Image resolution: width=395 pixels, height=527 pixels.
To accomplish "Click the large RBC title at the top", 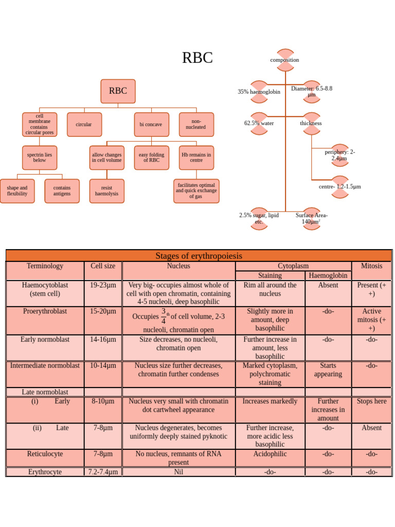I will pyautogui.click(x=197, y=58).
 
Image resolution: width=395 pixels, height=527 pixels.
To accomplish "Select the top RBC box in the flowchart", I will pyautogui.click(x=118, y=91).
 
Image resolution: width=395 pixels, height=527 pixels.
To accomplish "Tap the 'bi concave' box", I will pyautogui.click(x=151, y=125).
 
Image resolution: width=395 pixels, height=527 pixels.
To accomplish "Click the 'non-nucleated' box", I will pyautogui.click(x=196, y=125).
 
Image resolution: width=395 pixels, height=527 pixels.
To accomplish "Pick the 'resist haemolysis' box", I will pyautogui.click(x=106, y=191).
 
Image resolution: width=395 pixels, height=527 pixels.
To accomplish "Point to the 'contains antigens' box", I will pyautogui.click(x=62, y=191).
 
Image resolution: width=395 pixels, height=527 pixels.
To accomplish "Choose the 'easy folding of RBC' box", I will pyautogui.click(x=151, y=157).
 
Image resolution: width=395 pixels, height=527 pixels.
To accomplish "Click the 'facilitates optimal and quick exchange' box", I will pyautogui.click(x=196, y=191).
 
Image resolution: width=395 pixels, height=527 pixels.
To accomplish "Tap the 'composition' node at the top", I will pyautogui.click(x=284, y=60).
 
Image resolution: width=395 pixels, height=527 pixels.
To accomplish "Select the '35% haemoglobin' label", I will pyautogui.click(x=259, y=92).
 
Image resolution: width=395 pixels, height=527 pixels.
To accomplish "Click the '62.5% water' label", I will pyautogui.click(x=259, y=124).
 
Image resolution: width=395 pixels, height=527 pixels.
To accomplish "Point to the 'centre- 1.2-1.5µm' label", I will pyautogui.click(x=339, y=186).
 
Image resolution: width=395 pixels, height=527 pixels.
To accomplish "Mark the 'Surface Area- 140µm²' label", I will pyautogui.click(x=311, y=218).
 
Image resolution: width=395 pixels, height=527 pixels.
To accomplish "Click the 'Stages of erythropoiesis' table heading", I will pyautogui.click(x=199, y=256).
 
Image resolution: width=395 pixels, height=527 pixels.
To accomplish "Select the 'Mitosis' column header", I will pyautogui.click(x=371, y=266).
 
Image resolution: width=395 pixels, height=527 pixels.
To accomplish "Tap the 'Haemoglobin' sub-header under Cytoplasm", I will pyautogui.click(x=328, y=275).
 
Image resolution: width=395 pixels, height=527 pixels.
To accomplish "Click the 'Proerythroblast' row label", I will pyautogui.click(x=45, y=311).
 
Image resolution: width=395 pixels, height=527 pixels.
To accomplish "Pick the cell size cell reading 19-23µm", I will pyautogui.click(x=103, y=285).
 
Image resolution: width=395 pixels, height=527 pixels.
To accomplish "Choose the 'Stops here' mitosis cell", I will pyautogui.click(x=371, y=401).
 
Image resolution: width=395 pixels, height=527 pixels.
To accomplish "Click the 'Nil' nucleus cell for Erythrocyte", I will pyautogui.click(x=178, y=472).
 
